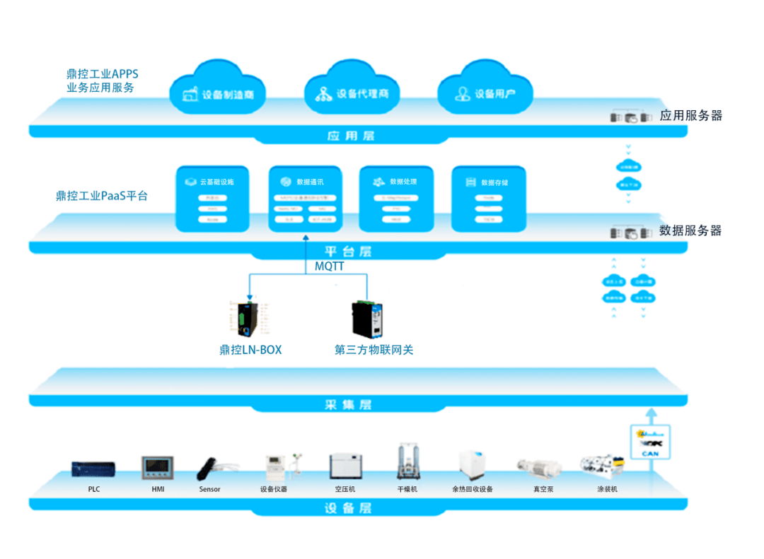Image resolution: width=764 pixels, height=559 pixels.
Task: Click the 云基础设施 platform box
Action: (x=212, y=199)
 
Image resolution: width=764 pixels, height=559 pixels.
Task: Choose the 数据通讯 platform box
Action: (x=306, y=199)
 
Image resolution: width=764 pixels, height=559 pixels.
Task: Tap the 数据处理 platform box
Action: (x=396, y=199)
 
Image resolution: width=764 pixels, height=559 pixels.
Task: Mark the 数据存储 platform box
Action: (x=488, y=199)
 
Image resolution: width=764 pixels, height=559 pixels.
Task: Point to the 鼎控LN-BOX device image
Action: (x=248, y=319)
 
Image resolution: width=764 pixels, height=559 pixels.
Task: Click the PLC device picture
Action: (x=93, y=469)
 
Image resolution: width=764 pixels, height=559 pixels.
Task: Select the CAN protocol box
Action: (x=650, y=442)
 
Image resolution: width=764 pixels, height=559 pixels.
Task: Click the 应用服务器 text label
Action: (x=690, y=116)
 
